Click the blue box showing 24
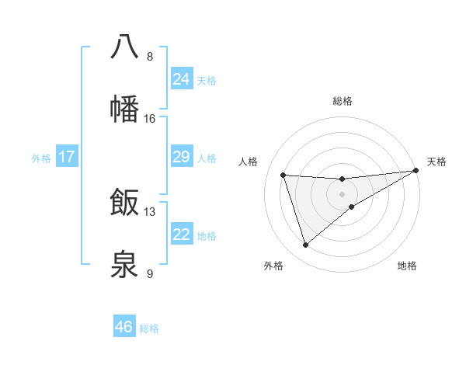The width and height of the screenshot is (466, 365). [181, 78]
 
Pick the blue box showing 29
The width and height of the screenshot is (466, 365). [181, 157]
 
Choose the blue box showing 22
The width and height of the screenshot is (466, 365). [181, 235]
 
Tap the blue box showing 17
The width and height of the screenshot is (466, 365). [66, 157]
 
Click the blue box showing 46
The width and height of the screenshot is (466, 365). [123, 327]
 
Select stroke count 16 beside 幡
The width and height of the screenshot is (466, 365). [150, 119]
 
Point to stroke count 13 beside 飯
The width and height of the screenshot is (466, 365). [150, 211]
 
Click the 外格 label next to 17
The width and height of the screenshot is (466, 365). [41, 158]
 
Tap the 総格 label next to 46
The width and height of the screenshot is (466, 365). [149, 328]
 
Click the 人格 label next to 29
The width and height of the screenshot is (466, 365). [207, 158]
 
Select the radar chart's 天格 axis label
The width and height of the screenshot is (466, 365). [436, 162]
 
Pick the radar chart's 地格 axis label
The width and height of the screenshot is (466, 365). [407, 266]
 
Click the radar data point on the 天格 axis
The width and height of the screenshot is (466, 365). [416, 171]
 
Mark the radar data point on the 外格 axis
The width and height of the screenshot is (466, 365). [305, 245]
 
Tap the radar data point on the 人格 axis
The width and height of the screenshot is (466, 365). [283, 175]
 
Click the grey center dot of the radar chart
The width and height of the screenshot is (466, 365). [342, 194]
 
